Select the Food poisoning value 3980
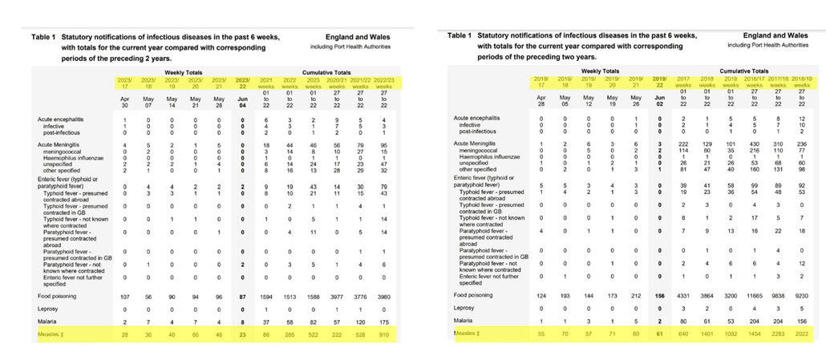[x=386, y=297]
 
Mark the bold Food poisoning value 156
[x=658, y=297]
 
